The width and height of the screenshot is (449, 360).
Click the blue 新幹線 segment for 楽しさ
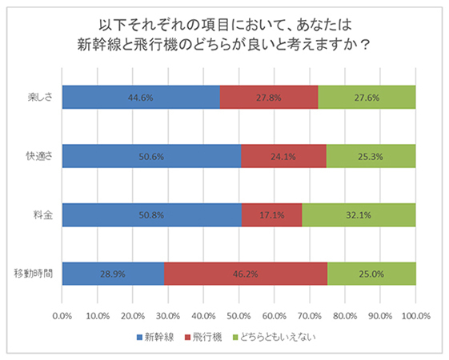pos(141,97)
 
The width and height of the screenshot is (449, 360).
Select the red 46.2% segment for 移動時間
pos(246,274)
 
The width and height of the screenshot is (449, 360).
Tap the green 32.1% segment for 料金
pos(359,214)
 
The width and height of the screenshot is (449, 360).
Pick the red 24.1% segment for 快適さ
pos(283,156)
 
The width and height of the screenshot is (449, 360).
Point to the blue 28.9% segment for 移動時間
pos(113,274)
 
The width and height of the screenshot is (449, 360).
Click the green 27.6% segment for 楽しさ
pos(367,97)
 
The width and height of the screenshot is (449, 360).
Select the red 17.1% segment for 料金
pos(271,214)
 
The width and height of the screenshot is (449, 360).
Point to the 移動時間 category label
pos(36,274)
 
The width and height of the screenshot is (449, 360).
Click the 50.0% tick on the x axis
pos(239,315)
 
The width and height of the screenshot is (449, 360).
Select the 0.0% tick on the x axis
pos(62,315)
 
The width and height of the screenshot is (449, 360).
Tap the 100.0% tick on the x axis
pos(415,315)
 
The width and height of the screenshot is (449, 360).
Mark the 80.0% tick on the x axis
pos(345,315)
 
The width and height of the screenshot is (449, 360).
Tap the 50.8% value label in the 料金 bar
pos(150,214)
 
